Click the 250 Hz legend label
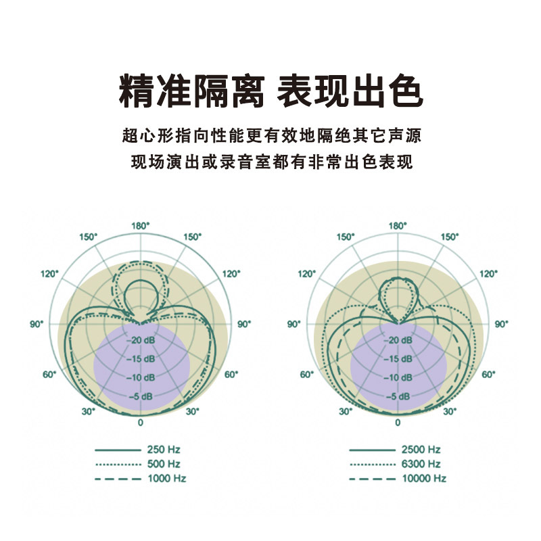coord(163,449)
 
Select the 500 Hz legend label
coord(163,464)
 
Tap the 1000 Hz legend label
coord(166,478)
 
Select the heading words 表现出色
coord(350,92)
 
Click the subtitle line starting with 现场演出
coord(270,162)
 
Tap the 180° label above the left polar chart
coord(141,225)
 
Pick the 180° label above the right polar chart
coord(397,225)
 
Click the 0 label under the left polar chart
coord(141,423)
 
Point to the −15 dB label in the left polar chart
coord(141,358)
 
